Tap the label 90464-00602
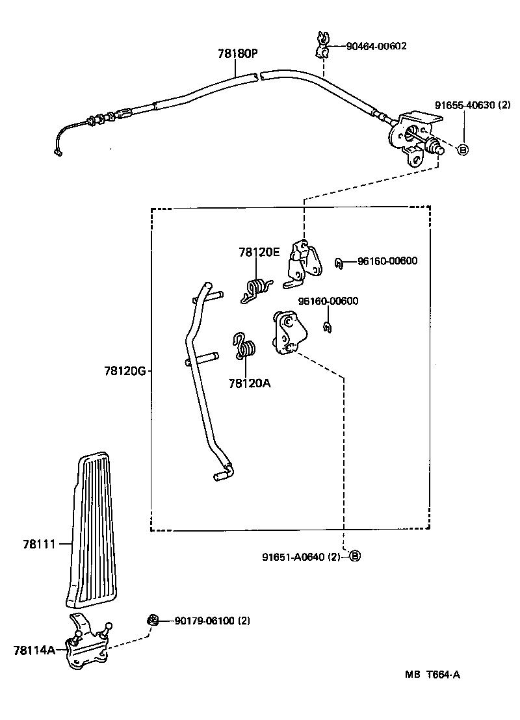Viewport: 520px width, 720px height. tap(376, 46)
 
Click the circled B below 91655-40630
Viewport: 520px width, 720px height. tap(463, 150)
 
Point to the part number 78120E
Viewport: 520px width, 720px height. tap(259, 252)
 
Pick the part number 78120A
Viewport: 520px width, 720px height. tap(249, 383)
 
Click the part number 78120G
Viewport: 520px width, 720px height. tap(125, 371)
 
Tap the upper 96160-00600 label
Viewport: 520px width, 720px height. tap(387, 261)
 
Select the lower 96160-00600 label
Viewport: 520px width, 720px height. tap(328, 301)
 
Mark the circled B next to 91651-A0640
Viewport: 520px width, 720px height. tap(354, 556)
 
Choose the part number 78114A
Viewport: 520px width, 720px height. tap(34, 649)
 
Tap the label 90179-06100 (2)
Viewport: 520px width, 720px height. tap(212, 621)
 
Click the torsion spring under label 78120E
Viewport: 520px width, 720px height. tap(257, 289)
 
